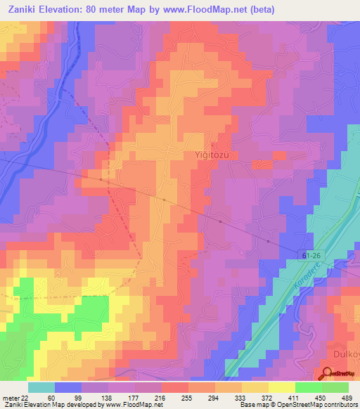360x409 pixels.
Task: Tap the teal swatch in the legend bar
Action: pos(41,387)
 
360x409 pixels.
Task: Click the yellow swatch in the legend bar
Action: pos(281,387)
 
